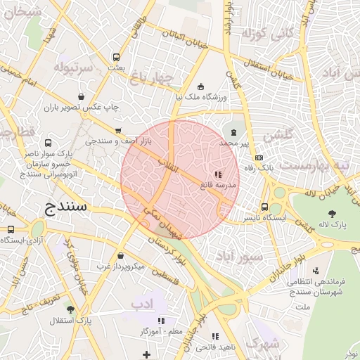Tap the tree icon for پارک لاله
coord(331,213)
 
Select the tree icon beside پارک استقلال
coord(70,309)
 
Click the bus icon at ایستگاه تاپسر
coord(264,207)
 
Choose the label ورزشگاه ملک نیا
coord(200,97)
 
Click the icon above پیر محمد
coord(233,131)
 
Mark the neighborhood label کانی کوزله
coord(266,32)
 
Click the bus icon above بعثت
coord(116,58)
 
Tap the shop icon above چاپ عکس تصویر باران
coord(82,97)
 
